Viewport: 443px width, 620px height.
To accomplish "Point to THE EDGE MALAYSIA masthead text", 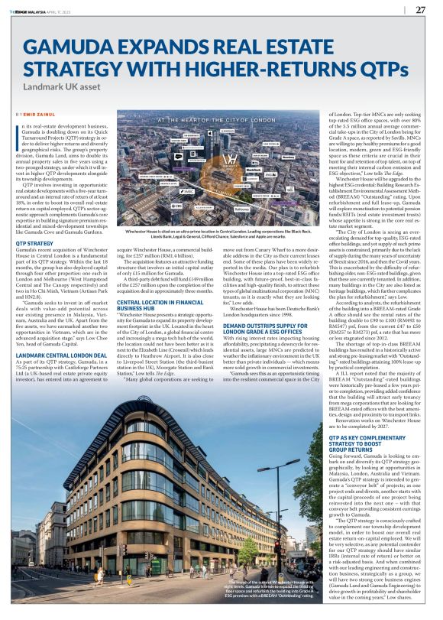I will coord(31,10).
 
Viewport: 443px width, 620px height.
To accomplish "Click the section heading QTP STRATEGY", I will coord(35,242).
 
